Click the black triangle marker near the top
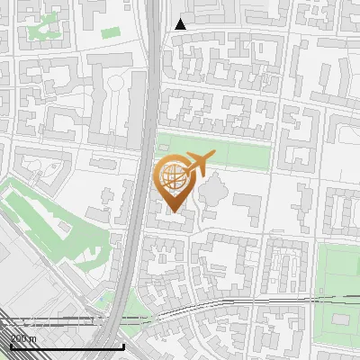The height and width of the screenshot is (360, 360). pyautogui.click(x=181, y=24)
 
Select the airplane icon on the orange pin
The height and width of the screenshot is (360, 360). pyautogui.click(x=199, y=164)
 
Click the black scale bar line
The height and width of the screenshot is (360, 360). pyautogui.click(x=67, y=346)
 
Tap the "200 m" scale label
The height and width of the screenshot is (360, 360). pyautogui.click(x=23, y=337)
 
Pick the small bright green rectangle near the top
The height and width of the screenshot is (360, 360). pyautogui.click(x=111, y=32)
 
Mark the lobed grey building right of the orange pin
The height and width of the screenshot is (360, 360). pyautogui.click(x=214, y=193)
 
